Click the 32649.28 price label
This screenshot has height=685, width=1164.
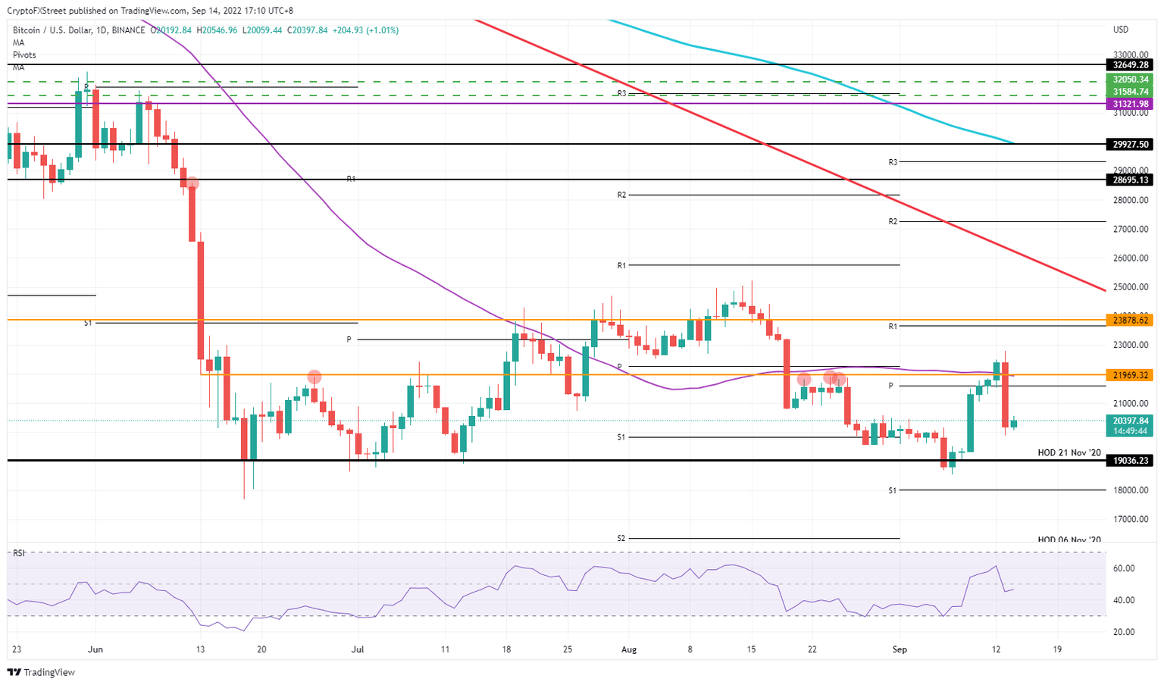(1131, 65)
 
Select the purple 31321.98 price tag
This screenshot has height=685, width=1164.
(1131, 104)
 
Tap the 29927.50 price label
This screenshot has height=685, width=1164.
(1131, 144)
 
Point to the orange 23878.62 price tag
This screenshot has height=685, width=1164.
(1131, 321)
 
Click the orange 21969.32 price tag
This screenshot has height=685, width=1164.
(1131, 375)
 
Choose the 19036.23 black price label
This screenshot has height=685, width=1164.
(1131, 460)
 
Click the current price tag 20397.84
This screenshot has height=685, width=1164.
(1131, 421)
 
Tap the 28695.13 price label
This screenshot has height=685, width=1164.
(1131, 180)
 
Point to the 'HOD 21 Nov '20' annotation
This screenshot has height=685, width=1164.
(1069, 452)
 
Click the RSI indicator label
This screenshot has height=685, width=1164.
(18, 553)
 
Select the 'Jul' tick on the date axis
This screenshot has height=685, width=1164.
(358, 649)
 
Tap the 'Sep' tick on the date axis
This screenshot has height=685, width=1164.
(900, 649)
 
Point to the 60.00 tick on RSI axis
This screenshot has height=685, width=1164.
(1123, 568)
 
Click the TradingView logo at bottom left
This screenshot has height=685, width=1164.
(42, 672)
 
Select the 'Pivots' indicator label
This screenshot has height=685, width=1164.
(24, 55)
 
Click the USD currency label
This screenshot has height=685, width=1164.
(1120, 30)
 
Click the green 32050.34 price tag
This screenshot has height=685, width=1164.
(1131, 80)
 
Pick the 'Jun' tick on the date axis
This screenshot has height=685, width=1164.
(95, 649)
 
